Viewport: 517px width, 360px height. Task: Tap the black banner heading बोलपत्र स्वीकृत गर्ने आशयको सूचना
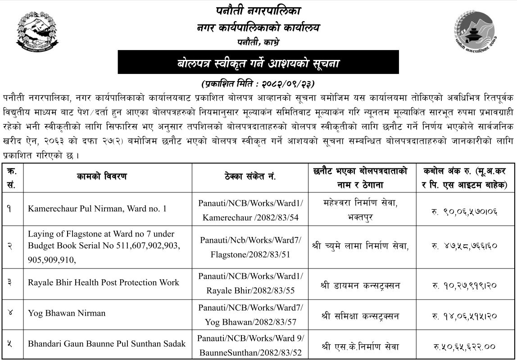pos(258,63)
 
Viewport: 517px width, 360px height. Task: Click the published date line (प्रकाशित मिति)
pos(258,84)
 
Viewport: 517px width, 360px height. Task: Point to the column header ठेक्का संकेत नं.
pos(250,177)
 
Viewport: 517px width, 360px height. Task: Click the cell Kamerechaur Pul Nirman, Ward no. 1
pos(97,209)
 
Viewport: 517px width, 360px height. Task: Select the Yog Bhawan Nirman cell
pos(67,313)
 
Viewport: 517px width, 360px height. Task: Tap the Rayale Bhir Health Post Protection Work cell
pos(104,283)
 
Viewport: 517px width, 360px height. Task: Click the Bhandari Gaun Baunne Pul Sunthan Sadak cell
pos(107,344)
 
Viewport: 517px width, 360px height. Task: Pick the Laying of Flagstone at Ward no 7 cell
pos(104,246)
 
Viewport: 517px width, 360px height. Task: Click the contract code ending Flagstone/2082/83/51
pos(250,246)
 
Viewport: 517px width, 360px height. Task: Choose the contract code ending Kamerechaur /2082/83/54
pos(250,210)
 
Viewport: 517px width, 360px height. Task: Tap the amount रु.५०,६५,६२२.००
pos(464,346)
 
